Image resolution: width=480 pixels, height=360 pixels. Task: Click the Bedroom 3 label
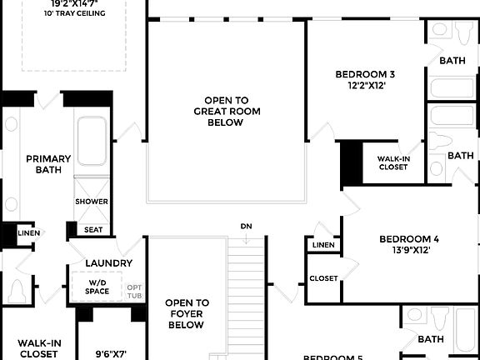(361, 72)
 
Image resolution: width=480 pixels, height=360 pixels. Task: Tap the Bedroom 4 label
(402, 238)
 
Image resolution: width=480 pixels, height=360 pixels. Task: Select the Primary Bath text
(48, 164)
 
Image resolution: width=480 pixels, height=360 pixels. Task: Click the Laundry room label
(108, 263)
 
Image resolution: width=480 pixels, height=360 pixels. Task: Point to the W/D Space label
(97, 287)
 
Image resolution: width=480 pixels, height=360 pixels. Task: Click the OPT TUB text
(135, 291)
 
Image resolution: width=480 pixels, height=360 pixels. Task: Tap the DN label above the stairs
(246, 226)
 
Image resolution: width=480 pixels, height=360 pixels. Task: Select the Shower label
(92, 202)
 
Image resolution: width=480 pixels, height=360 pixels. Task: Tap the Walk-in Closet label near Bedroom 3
(392, 162)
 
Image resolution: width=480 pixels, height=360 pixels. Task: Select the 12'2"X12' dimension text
(361, 84)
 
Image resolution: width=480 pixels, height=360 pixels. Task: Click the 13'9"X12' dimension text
(403, 250)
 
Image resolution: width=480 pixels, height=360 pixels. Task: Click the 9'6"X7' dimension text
(110, 353)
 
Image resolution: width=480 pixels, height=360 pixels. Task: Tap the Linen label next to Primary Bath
(28, 232)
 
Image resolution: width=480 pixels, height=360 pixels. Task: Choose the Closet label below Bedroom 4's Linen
(323, 278)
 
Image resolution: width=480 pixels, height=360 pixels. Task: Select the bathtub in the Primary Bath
(91, 143)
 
